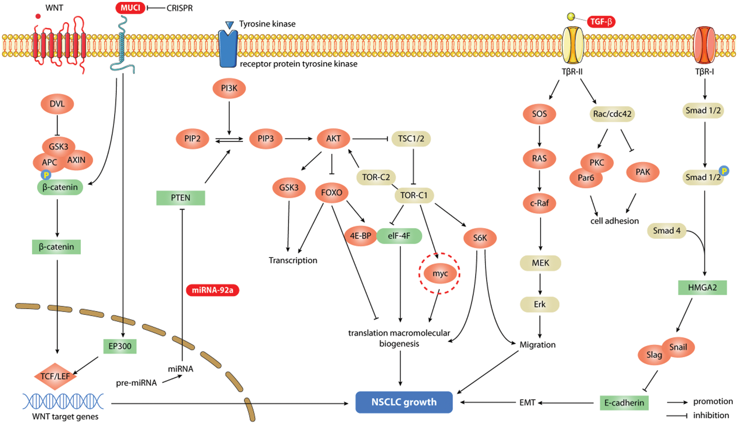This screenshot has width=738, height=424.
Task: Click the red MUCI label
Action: coord(130,8)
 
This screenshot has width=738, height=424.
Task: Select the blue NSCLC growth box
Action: coord(404,402)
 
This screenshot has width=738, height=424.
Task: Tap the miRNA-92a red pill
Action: coord(212,290)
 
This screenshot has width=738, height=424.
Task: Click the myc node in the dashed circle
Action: coord(440,274)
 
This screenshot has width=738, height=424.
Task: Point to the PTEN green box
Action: coord(180,198)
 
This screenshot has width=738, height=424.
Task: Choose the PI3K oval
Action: coord(229,88)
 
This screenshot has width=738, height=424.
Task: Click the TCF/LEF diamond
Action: coord(55,376)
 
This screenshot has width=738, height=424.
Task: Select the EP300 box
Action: coord(120,346)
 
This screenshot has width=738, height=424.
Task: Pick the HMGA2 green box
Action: coord(702,288)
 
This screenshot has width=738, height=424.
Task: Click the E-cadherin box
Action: coord(624,403)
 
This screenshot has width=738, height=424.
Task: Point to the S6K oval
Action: coord(480,238)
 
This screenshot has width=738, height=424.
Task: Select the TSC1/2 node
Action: coord(411,139)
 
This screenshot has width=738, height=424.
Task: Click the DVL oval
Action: coord(57,104)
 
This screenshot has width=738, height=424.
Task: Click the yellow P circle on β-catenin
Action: coord(46,175)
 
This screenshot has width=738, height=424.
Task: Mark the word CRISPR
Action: coord(180,8)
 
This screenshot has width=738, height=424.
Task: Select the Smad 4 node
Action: coord(666,231)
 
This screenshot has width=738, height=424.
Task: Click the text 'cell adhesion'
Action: coord(614,221)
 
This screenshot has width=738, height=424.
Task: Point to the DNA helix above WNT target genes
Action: coord(63,402)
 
